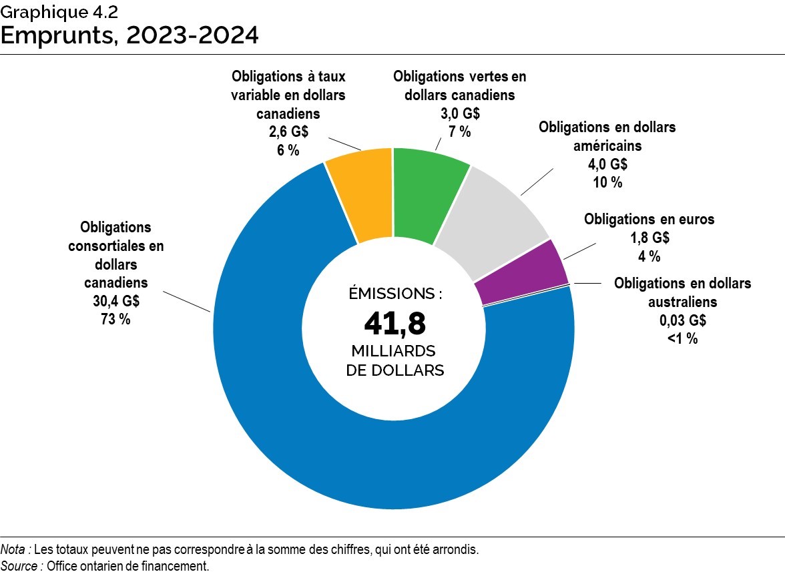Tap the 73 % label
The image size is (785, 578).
pyautogui.click(x=116, y=319)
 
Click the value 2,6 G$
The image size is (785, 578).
pyautogui.click(x=288, y=132)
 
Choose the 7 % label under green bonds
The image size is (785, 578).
pyautogui.click(x=459, y=131)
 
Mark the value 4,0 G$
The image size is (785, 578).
pyautogui.click(x=607, y=164)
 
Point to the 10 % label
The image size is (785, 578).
pyautogui.click(x=607, y=182)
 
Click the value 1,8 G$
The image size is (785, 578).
pyautogui.click(x=649, y=238)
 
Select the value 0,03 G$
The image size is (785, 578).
pyautogui.click(x=682, y=321)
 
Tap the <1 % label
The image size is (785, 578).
pyautogui.click(x=682, y=339)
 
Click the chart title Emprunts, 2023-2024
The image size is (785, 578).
pyautogui.click(x=129, y=35)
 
